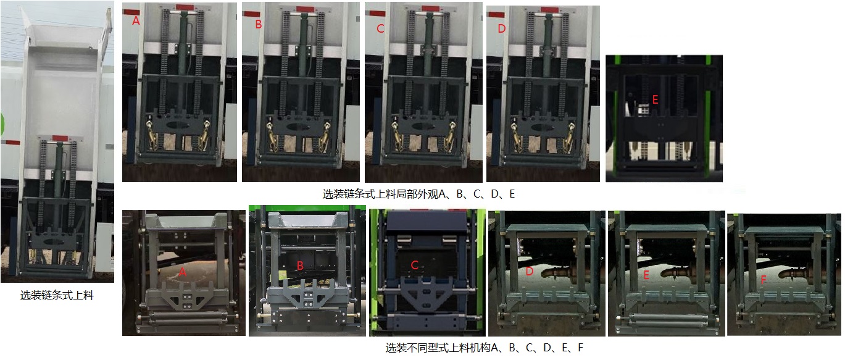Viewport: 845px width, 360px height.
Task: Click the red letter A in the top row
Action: click(135, 21)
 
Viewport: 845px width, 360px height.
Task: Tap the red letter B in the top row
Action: click(258, 25)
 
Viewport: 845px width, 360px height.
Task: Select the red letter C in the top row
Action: click(380, 28)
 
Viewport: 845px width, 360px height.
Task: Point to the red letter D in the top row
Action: click(501, 29)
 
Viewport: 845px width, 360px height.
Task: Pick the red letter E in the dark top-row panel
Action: click(655, 99)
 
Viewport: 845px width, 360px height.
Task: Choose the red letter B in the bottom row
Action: click(300, 266)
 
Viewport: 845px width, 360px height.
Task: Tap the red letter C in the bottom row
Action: click(415, 266)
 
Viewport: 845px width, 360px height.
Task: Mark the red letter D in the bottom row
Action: click(529, 271)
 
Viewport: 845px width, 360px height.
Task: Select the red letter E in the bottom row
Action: click(646, 275)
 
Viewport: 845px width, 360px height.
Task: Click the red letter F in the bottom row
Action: click(764, 280)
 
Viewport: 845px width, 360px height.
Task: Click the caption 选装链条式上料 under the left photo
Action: click(57, 296)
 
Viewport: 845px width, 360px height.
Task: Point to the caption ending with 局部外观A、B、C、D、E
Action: click(418, 194)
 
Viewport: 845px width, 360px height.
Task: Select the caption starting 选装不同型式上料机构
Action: click(484, 348)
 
